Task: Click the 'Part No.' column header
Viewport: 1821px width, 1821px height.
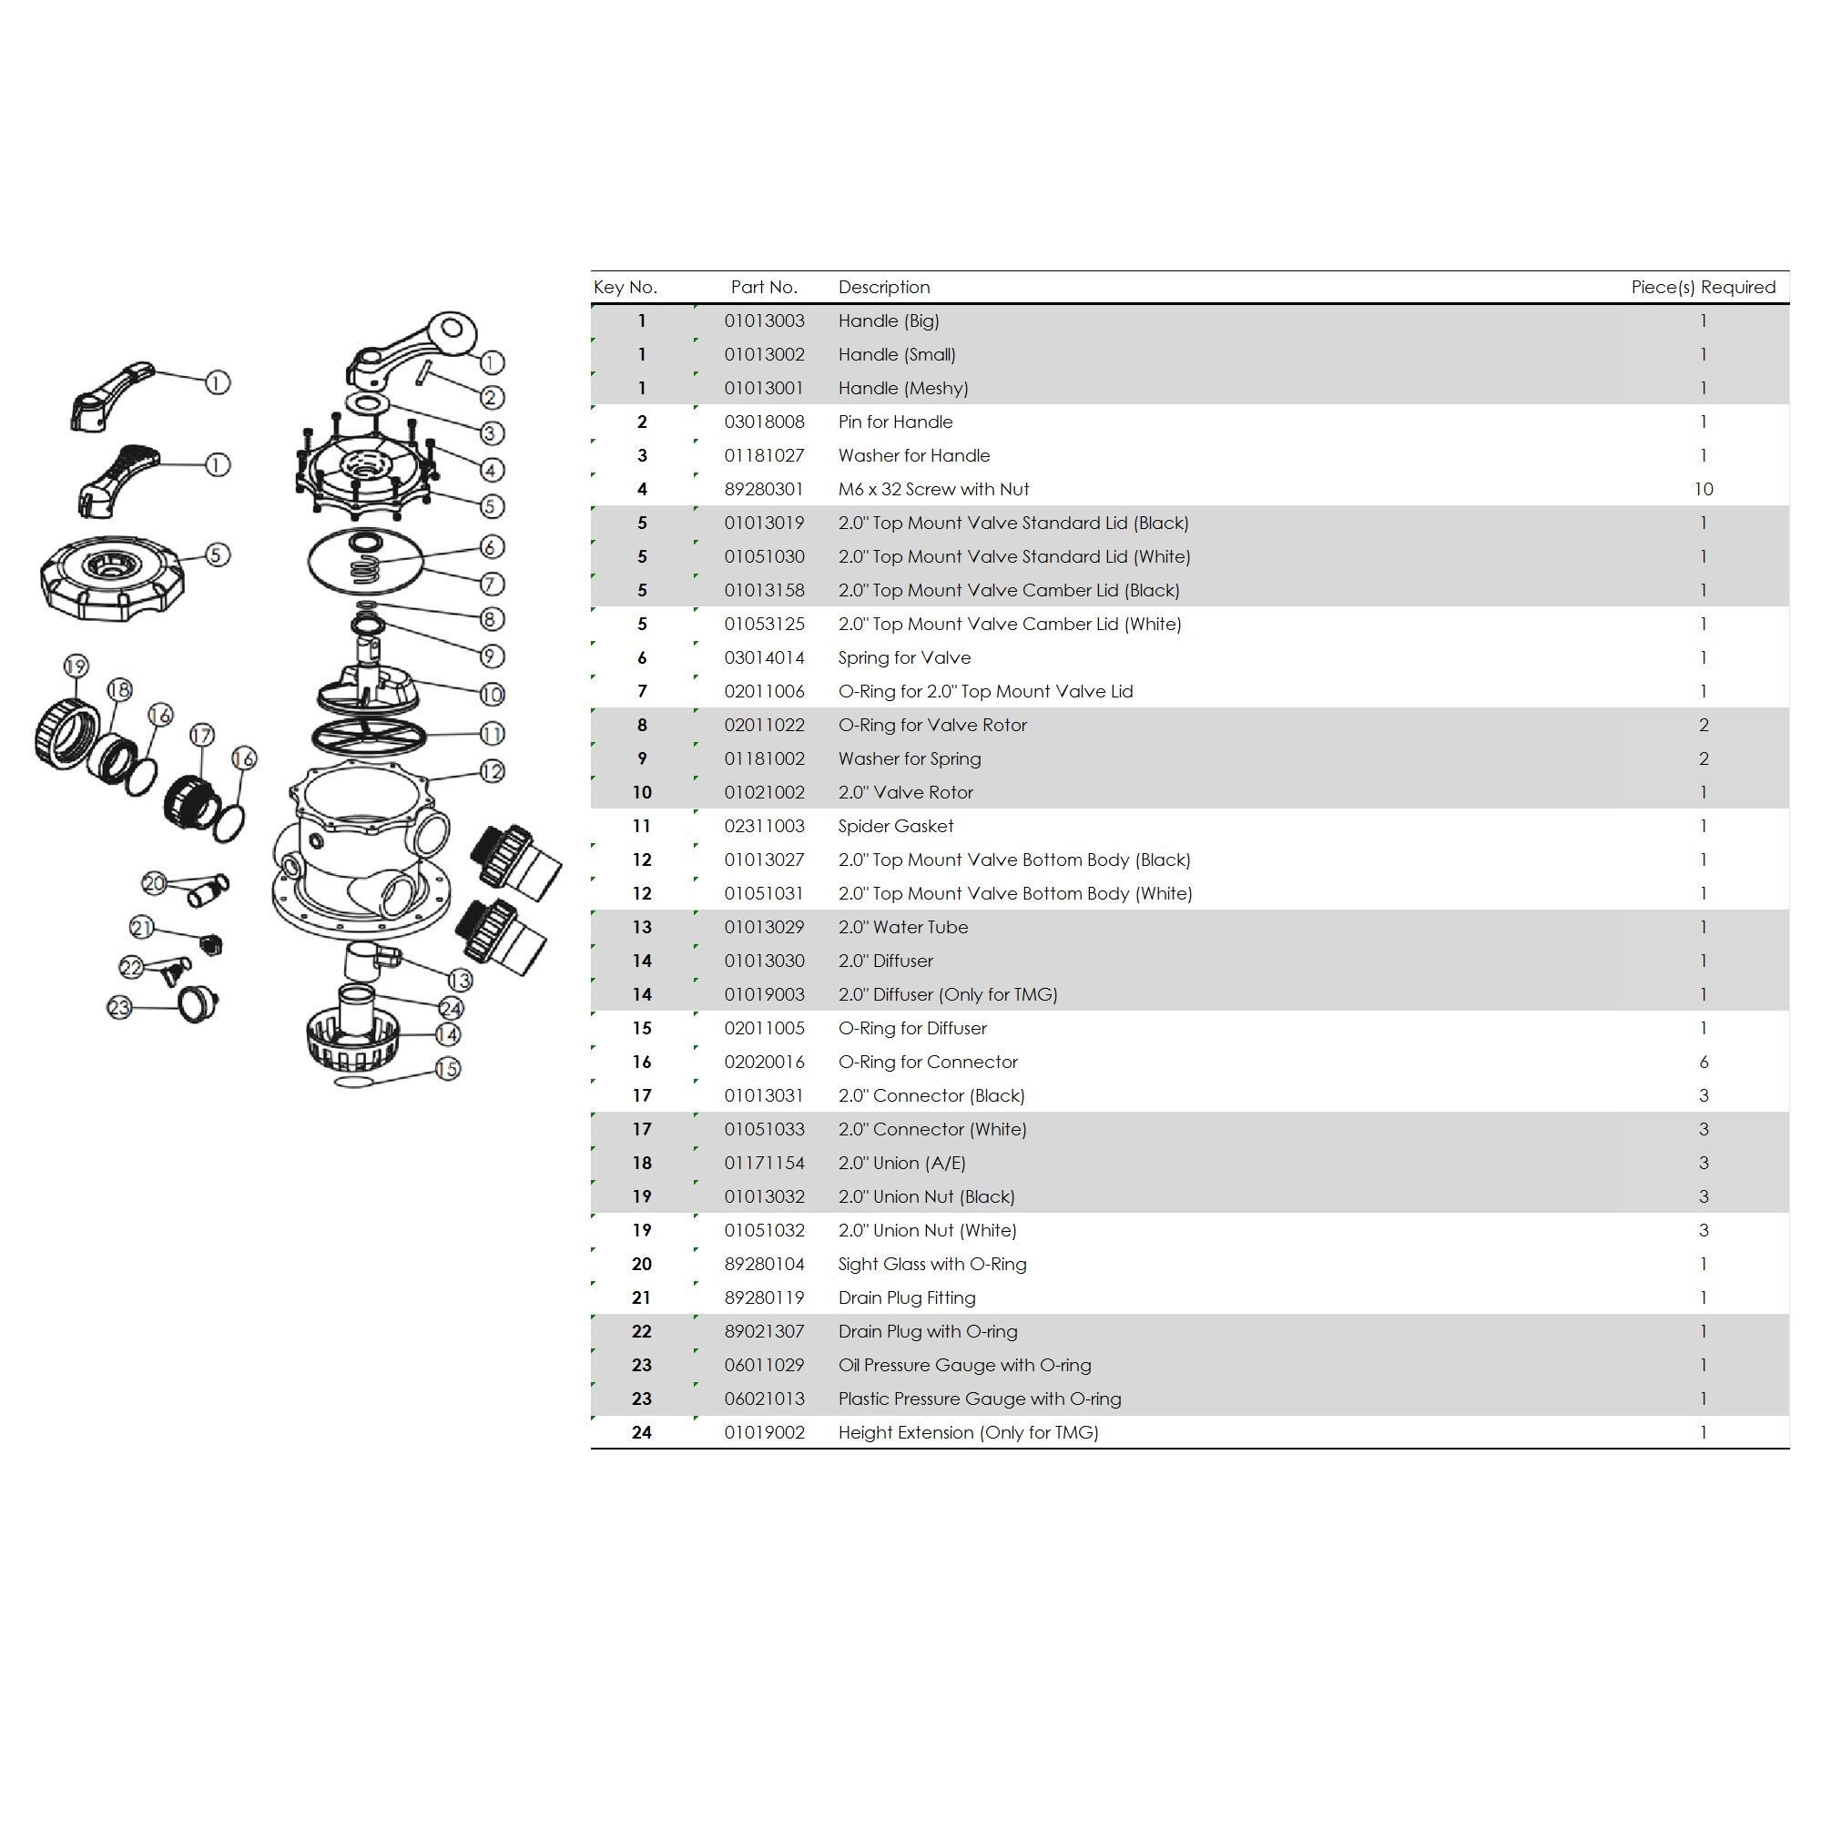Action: click(764, 288)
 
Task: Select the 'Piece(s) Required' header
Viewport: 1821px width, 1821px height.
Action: click(1704, 288)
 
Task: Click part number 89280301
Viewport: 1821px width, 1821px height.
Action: click(764, 489)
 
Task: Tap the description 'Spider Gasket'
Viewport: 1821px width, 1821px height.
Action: click(895, 827)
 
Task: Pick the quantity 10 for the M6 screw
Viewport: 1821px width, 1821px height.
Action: click(1704, 489)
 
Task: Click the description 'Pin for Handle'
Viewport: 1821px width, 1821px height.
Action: click(895, 422)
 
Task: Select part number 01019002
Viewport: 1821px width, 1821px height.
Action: click(765, 1432)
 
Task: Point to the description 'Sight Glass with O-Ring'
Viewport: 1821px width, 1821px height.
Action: click(932, 1264)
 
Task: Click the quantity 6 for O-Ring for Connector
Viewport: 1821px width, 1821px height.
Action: click(1704, 1063)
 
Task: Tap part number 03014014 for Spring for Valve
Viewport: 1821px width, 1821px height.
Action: click(765, 658)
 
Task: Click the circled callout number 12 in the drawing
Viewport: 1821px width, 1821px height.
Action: click(492, 771)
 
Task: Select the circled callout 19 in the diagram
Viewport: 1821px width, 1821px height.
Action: click(76, 666)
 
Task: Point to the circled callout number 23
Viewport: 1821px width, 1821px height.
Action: click(118, 1008)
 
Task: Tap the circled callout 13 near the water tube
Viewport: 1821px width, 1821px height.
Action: click(459, 981)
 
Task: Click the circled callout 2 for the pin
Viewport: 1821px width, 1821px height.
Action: click(491, 397)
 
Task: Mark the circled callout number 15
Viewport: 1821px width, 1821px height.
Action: click(448, 1069)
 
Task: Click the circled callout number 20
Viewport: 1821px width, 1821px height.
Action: click(154, 883)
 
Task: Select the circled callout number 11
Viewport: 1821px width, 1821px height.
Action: click(492, 733)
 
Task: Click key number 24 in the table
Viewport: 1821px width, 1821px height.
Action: click(642, 1432)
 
